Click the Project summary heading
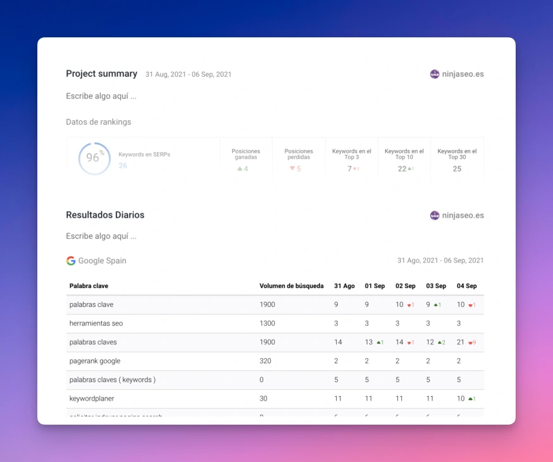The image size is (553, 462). click(x=101, y=73)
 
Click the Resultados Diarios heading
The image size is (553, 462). click(x=105, y=215)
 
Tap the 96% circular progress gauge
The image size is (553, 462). click(x=94, y=158)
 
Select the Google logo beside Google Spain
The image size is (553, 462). click(x=70, y=261)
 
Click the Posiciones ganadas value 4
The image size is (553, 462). click(x=245, y=169)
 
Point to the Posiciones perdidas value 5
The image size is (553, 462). click(x=298, y=169)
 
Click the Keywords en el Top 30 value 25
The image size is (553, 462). click(x=457, y=169)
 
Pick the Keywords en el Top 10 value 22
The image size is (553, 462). click(x=402, y=169)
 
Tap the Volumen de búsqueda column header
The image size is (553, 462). click(x=291, y=286)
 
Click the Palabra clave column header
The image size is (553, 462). click(x=89, y=286)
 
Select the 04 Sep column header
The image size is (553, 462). click(x=466, y=286)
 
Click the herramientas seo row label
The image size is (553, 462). click(x=96, y=323)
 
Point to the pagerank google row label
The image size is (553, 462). click(x=95, y=361)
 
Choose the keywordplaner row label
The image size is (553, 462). click(x=92, y=399)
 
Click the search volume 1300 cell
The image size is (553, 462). click(x=267, y=323)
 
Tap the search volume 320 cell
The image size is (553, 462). click(x=265, y=361)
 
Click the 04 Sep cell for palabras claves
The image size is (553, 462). click(x=461, y=342)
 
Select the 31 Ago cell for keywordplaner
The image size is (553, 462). click(x=337, y=399)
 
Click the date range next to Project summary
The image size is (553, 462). click(x=189, y=75)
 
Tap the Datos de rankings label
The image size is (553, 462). click(x=98, y=122)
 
